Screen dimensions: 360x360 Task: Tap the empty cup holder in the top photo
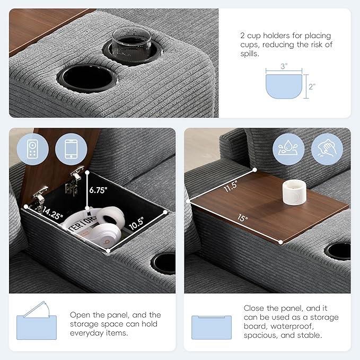point(87,78)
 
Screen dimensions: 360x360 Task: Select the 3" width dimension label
point(284,66)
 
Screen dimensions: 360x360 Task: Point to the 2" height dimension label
point(312,86)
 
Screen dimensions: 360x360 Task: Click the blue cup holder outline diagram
point(284,86)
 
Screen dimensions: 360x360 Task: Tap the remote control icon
point(32,149)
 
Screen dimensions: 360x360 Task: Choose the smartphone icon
point(71,149)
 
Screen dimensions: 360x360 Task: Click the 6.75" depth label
point(98,190)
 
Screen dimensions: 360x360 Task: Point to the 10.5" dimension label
point(137,223)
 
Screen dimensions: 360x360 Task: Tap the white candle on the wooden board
point(294,192)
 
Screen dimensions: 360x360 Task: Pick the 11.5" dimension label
point(231,186)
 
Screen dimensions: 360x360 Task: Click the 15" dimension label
point(243,218)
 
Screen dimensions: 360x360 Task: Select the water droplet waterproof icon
point(288,149)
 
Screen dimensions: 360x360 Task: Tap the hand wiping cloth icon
point(327,149)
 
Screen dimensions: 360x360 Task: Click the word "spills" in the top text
point(250,54)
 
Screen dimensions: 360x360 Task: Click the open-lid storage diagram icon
point(37,321)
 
